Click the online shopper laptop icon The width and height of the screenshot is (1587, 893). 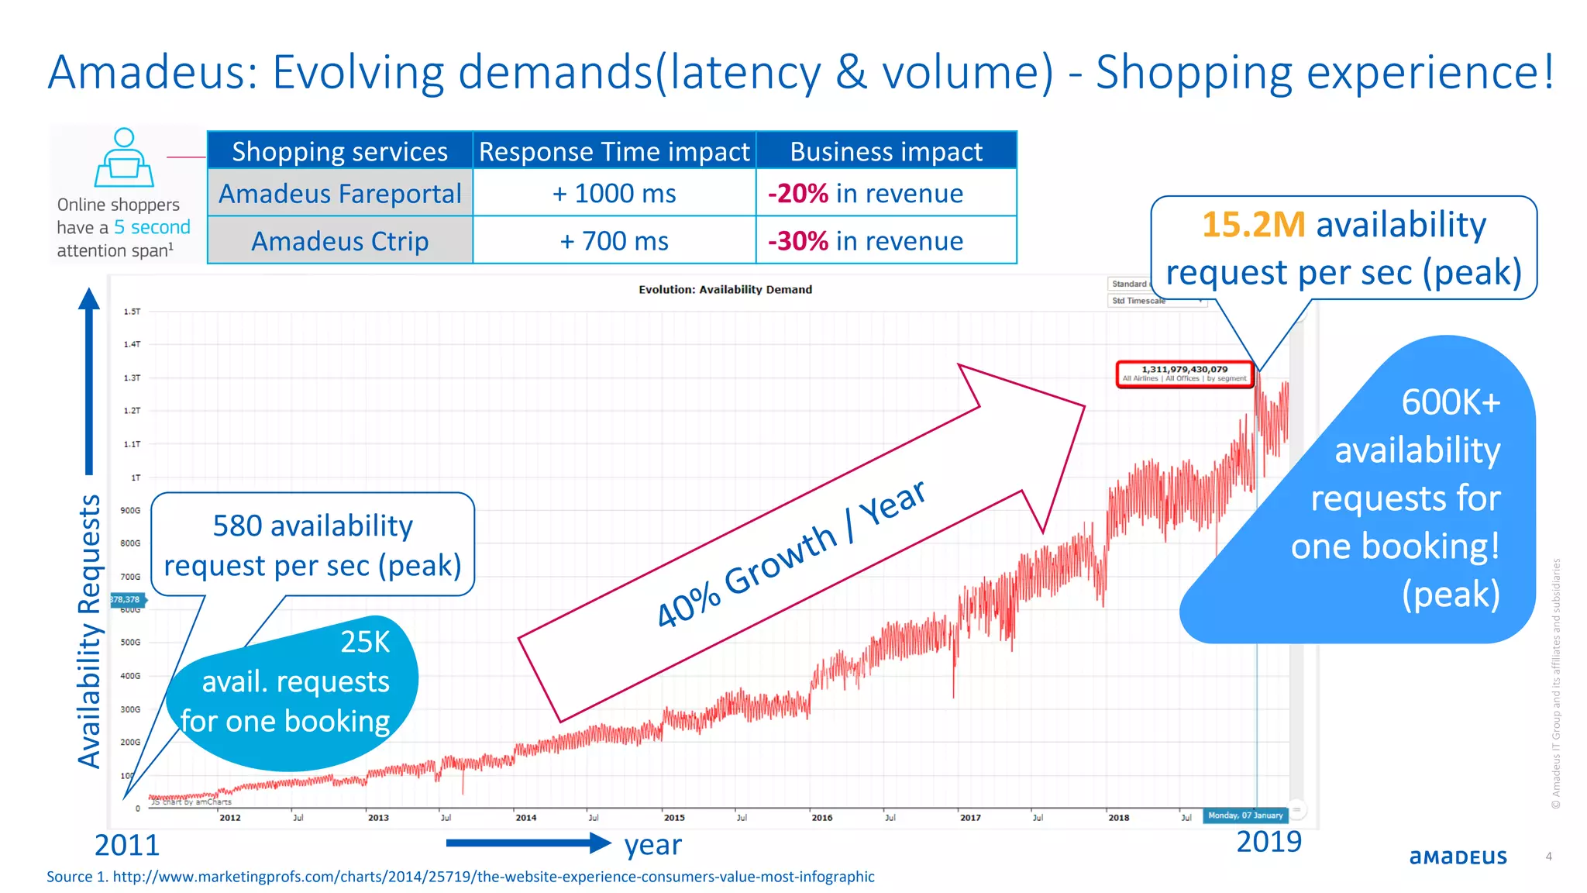click(124, 157)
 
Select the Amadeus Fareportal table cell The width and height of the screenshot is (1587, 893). click(340, 193)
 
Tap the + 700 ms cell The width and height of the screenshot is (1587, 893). click(614, 241)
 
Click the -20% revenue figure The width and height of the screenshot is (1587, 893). click(798, 194)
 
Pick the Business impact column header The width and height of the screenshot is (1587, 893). click(886, 151)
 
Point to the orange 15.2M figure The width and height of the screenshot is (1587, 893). click(1253, 225)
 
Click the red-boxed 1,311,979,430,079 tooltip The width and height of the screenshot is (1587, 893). click(1184, 373)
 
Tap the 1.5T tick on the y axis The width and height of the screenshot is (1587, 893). click(132, 312)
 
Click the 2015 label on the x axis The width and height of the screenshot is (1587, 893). click(674, 818)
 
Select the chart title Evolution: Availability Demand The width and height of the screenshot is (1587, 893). click(725, 289)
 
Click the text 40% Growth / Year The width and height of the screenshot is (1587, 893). click(790, 553)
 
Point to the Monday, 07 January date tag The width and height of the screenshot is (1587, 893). click(1245, 815)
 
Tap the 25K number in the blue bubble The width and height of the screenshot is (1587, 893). click(365, 642)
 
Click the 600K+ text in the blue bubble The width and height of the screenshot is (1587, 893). click(1451, 402)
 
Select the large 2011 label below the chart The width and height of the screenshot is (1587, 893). click(127, 845)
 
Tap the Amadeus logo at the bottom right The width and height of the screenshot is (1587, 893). click(1458, 857)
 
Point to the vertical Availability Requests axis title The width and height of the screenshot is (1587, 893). click(90, 632)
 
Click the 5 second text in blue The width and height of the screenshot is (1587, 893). click(152, 227)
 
